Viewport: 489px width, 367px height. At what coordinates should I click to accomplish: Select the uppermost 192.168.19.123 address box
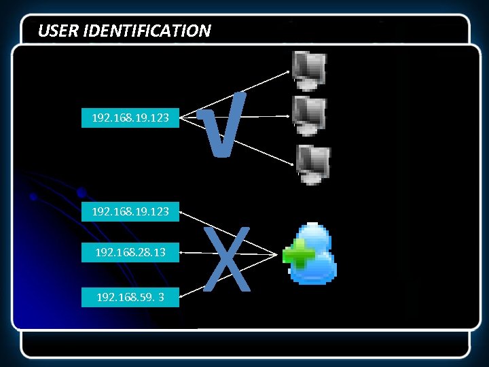130,118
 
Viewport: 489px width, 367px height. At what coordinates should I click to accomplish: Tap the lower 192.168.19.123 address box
130,212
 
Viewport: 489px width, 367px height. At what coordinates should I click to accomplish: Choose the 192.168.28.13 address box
130,254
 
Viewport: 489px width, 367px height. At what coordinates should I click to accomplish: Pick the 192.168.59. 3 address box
130,297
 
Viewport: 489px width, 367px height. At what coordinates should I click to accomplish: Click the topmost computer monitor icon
309,70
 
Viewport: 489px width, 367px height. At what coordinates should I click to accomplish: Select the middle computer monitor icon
309,115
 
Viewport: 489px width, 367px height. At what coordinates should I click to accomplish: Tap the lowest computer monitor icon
312,164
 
